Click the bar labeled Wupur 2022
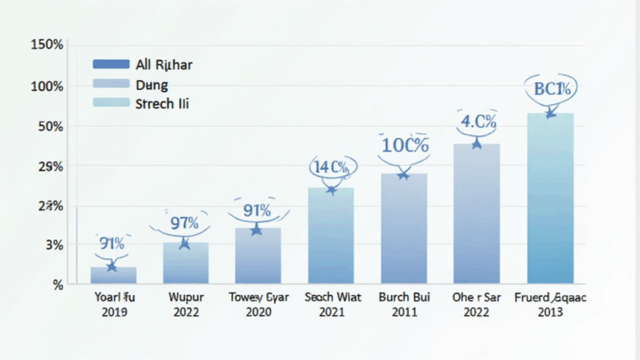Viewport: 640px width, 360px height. pos(186,263)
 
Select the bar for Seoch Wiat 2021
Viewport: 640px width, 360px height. pos(331,236)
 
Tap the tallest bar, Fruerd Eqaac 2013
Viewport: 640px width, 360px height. pos(550,198)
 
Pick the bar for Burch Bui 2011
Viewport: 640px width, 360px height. pos(404,228)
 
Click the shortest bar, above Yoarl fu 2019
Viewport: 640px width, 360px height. pos(113,275)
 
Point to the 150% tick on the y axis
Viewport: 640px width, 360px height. pos(47,45)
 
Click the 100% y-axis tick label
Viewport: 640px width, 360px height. pos(47,86)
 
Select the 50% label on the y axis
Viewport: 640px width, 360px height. pos(48,126)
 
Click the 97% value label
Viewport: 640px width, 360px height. pos(183,223)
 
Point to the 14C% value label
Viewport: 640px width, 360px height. pos(332,167)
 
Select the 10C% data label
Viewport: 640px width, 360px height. pos(405,145)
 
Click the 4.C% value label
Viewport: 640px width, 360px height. pos(478,121)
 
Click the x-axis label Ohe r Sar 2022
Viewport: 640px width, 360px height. pos(476,304)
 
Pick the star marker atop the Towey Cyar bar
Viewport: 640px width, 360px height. pos(257,229)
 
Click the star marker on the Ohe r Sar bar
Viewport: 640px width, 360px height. pos(477,144)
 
